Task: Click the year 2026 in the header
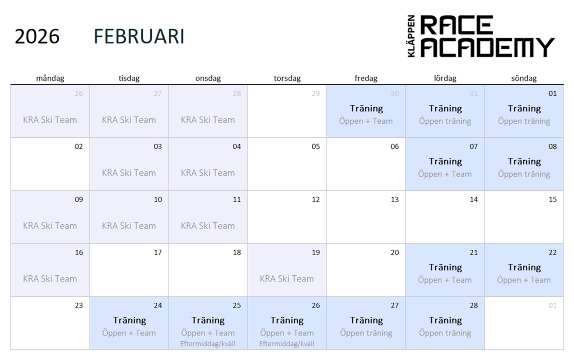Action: coord(37,37)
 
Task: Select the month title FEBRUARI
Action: coord(139,37)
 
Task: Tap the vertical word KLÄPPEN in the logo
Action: coord(412,36)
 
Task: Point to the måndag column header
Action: coord(50,78)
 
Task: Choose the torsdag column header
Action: coord(287,78)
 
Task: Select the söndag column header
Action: coord(524,78)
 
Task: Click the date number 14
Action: coord(474,200)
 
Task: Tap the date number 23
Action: coord(79,306)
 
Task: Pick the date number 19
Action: coord(316,253)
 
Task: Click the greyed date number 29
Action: coord(316,93)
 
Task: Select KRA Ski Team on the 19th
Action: coord(287,279)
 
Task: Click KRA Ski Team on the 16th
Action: coord(50,279)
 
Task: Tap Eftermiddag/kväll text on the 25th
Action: coord(208,344)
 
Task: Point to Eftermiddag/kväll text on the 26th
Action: coord(287,344)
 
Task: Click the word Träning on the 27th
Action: coord(366,320)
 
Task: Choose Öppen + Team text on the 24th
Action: coord(129,333)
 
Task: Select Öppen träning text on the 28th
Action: coord(445,333)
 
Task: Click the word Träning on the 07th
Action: coord(445,161)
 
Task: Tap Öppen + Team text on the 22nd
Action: coord(523,280)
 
